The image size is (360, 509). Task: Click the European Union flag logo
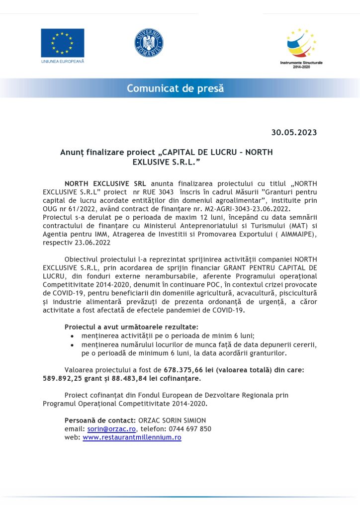pos(62,42)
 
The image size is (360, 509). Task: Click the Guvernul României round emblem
pos(149,43)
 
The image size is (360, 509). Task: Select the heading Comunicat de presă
pos(175,88)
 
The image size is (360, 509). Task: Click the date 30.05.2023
pos(294,132)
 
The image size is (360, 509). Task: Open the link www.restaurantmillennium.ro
pos(132,437)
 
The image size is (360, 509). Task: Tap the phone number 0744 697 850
pos(190,428)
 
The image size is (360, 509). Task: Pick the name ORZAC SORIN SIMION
pos(172,420)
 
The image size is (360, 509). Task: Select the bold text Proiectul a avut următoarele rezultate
pos(131,327)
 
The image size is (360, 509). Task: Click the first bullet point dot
pos(73,336)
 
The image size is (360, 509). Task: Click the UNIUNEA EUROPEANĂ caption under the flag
pos(63,61)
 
